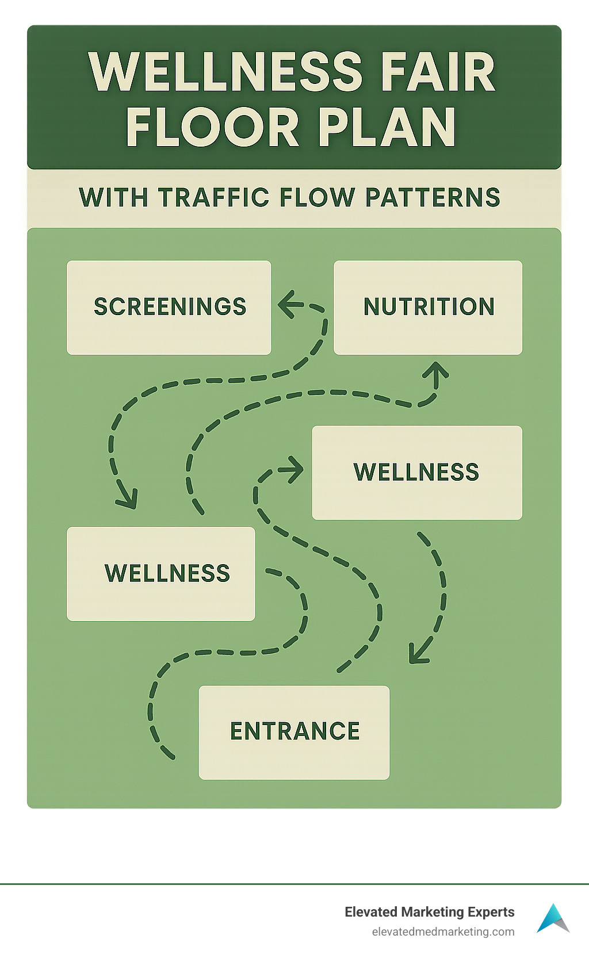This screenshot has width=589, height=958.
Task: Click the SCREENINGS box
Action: [169, 307]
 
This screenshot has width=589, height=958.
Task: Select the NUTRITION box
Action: [428, 307]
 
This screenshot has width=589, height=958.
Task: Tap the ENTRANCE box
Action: [294, 732]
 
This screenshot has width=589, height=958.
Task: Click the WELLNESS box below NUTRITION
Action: [416, 472]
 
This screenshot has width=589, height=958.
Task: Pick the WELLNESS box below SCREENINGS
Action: [161, 573]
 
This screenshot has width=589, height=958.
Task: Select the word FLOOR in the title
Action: [212, 127]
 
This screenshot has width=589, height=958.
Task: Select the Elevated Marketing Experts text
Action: [429, 912]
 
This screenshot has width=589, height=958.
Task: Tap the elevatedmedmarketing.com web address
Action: [443, 932]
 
